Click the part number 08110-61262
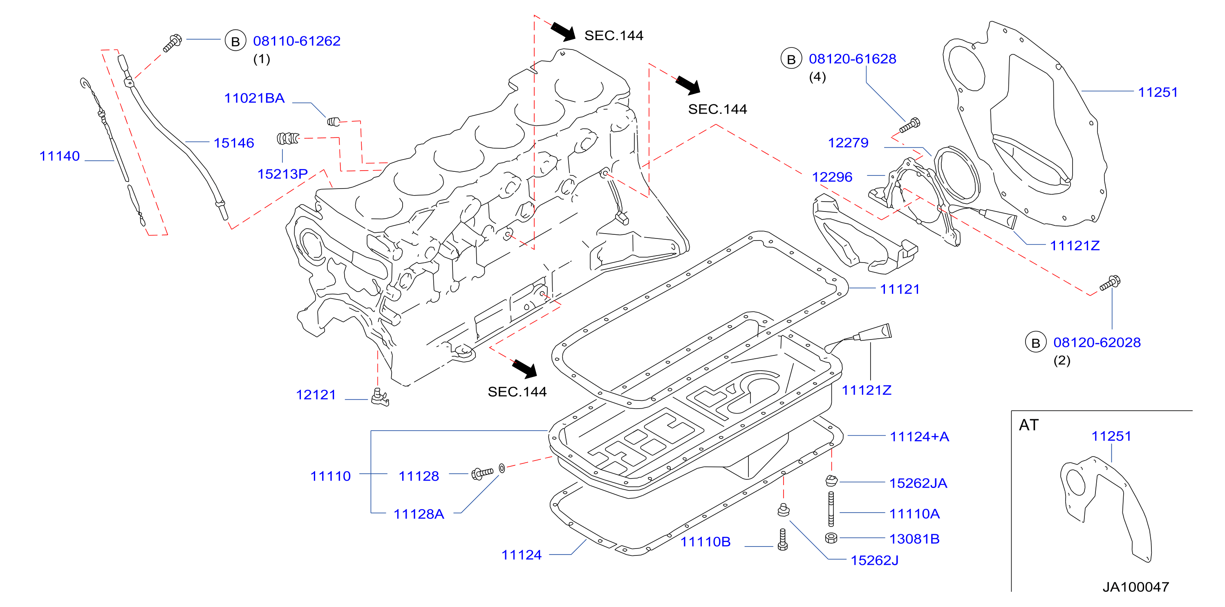tap(297, 41)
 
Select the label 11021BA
tap(254, 98)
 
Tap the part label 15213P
tap(282, 174)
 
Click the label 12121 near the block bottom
tap(316, 395)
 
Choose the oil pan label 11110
tap(331, 476)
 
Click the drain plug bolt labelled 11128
tap(482, 473)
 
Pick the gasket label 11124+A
tap(919, 437)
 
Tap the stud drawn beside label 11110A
tap(831, 509)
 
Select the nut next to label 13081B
tap(831, 538)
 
